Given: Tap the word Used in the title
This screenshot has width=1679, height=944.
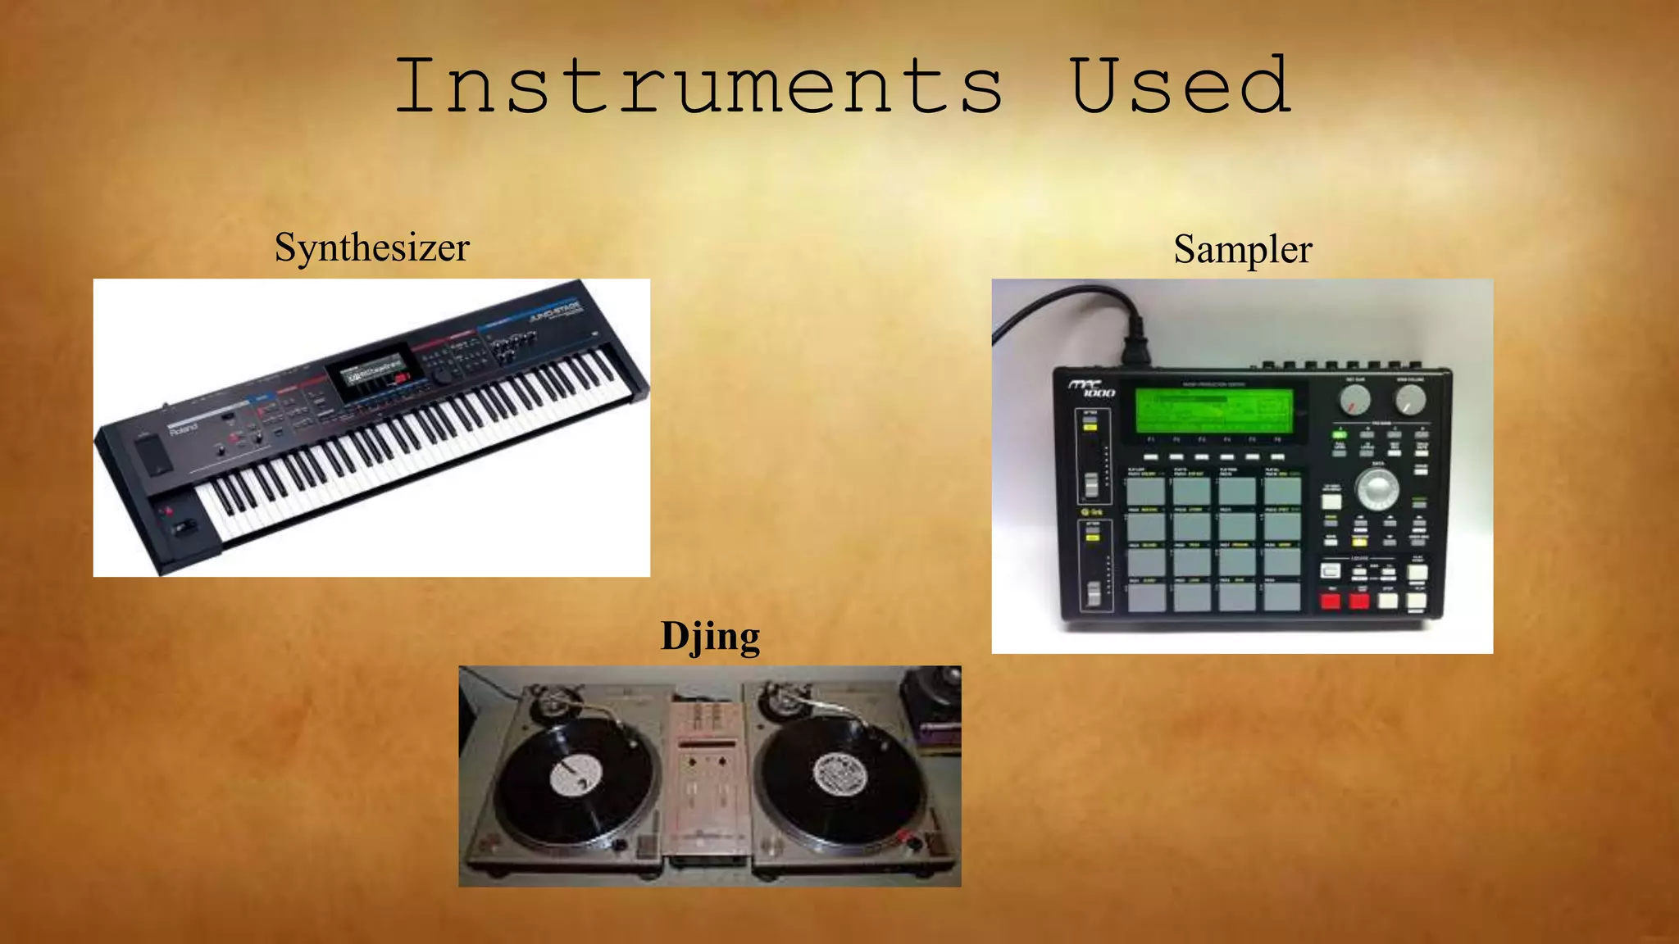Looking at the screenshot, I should coord(1181,85).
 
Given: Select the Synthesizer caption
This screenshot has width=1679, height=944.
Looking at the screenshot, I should coord(372,247).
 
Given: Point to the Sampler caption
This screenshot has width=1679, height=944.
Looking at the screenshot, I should coord(1242,249).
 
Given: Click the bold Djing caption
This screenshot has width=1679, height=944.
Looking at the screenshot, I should coord(710,637).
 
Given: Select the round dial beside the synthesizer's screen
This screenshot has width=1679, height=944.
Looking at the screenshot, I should coord(443,376).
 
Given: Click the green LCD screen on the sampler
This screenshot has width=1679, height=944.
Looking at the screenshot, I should coord(1213,410).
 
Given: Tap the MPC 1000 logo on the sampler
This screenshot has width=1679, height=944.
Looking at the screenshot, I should coord(1091,388).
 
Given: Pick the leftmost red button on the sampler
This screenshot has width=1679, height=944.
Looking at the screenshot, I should coord(1330,601).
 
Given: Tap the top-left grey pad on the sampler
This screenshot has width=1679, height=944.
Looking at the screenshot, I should coord(1145,491).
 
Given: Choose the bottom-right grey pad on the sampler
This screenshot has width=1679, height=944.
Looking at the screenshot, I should coord(1282,597).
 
